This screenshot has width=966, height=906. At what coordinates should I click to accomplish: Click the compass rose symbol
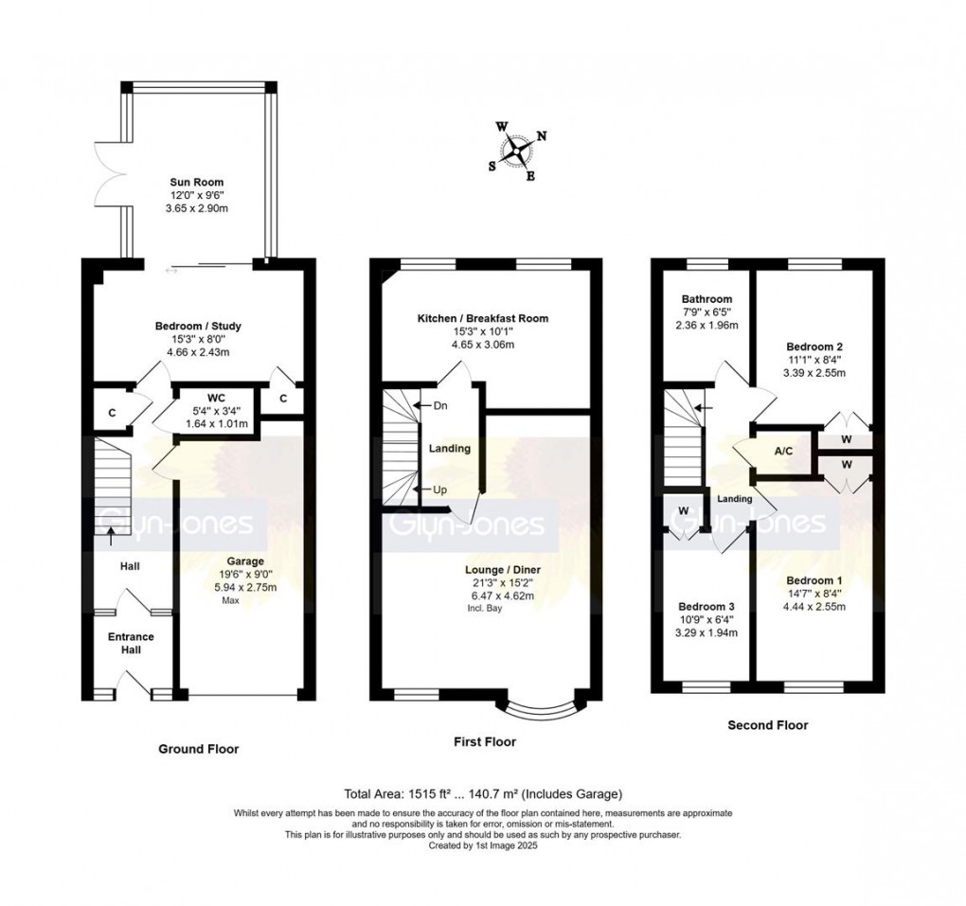click(x=518, y=150)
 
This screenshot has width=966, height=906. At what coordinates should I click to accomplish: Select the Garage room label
click(x=244, y=561)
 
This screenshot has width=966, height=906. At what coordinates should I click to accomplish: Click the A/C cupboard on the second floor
click(x=783, y=452)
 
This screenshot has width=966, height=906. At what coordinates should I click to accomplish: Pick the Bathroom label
click(x=710, y=299)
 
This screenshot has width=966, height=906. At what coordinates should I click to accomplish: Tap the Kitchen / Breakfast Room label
click(x=483, y=319)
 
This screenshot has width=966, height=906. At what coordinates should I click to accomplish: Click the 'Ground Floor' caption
click(x=198, y=749)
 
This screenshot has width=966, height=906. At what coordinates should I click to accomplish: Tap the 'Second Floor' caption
click(x=767, y=725)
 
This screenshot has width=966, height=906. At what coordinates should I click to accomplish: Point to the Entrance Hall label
click(x=130, y=644)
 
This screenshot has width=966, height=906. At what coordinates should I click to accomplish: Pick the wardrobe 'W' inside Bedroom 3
click(x=682, y=512)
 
